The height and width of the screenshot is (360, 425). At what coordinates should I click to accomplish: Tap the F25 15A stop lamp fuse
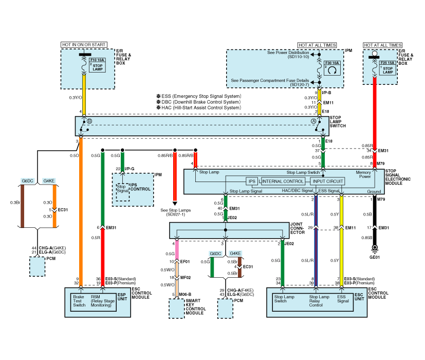point(387,67)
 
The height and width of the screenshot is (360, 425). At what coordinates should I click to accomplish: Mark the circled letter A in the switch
point(313,121)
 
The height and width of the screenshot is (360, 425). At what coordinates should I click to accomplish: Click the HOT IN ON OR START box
point(85,45)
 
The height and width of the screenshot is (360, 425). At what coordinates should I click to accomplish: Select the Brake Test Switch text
point(80,300)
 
